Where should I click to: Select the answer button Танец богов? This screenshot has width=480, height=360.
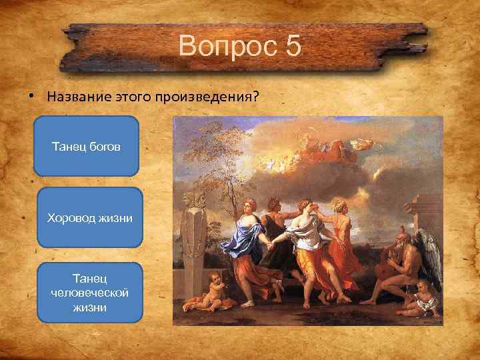(86, 146)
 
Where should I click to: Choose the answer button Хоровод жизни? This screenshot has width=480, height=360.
(90, 218)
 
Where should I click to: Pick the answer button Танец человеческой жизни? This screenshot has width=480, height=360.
(90, 293)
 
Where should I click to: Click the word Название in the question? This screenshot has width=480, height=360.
(75, 96)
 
